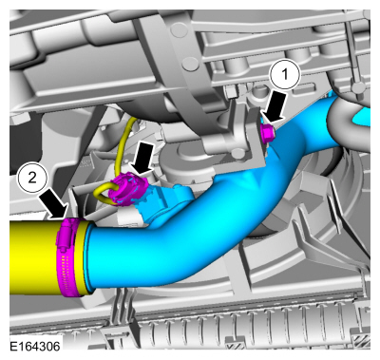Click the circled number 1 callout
pyautogui.click(x=285, y=75)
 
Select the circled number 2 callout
pyautogui.click(x=32, y=179)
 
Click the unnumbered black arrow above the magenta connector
pyautogui.click(x=142, y=159)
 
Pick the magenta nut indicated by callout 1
pyautogui.click(x=268, y=132)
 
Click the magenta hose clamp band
pyautogui.click(x=69, y=257)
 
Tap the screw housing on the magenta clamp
pyautogui.click(x=66, y=234)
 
